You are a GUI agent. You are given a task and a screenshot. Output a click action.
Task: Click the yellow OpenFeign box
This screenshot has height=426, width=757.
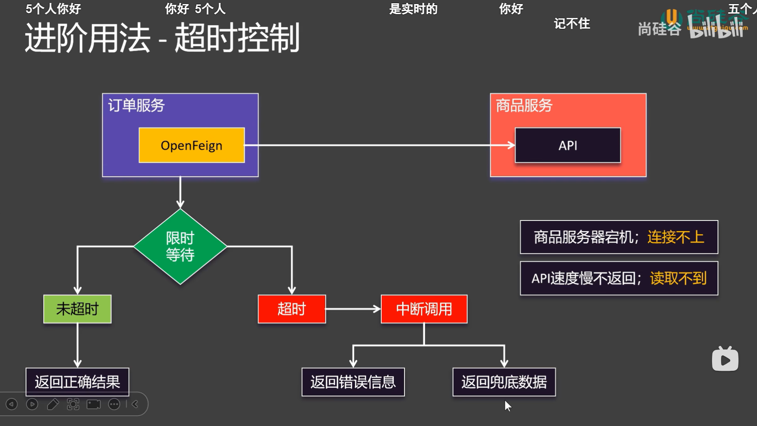point(192,145)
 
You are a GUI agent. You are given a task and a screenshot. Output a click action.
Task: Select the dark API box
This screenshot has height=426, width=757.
point(568,145)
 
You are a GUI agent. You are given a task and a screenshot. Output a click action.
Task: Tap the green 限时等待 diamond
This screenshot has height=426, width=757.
point(180,247)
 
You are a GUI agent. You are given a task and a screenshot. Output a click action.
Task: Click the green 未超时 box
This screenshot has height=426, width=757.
point(77,309)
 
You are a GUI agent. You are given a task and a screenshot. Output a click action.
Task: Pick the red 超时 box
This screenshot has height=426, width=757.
point(292,309)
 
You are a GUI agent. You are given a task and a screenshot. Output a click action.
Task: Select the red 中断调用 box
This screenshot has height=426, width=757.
point(424,309)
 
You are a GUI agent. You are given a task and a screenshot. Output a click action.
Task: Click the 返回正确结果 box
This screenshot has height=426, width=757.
point(77,382)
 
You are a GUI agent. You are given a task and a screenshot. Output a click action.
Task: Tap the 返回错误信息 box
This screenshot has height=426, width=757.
point(353,382)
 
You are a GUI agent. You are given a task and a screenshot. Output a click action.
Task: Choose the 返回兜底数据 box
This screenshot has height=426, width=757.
point(504,382)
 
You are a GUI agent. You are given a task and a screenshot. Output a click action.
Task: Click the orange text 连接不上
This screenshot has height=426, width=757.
point(675,237)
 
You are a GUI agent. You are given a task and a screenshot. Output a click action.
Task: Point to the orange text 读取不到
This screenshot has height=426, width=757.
point(678,278)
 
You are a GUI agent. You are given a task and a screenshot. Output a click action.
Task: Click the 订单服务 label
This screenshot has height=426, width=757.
point(136,105)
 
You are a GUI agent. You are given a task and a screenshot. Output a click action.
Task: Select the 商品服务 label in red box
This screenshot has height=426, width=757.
point(524,105)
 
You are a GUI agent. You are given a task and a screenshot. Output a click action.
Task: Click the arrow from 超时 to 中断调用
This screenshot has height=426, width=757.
point(352,309)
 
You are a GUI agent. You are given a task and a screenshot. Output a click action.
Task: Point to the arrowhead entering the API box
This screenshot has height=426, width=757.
point(511,145)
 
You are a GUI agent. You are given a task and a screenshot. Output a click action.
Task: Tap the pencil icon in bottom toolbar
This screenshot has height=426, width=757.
point(53,404)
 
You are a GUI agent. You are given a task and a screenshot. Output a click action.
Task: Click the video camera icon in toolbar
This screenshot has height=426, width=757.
point(93,404)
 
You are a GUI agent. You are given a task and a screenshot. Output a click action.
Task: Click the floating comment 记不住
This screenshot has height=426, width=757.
point(572,24)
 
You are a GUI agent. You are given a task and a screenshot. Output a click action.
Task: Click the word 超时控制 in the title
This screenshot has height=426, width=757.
point(237,38)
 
